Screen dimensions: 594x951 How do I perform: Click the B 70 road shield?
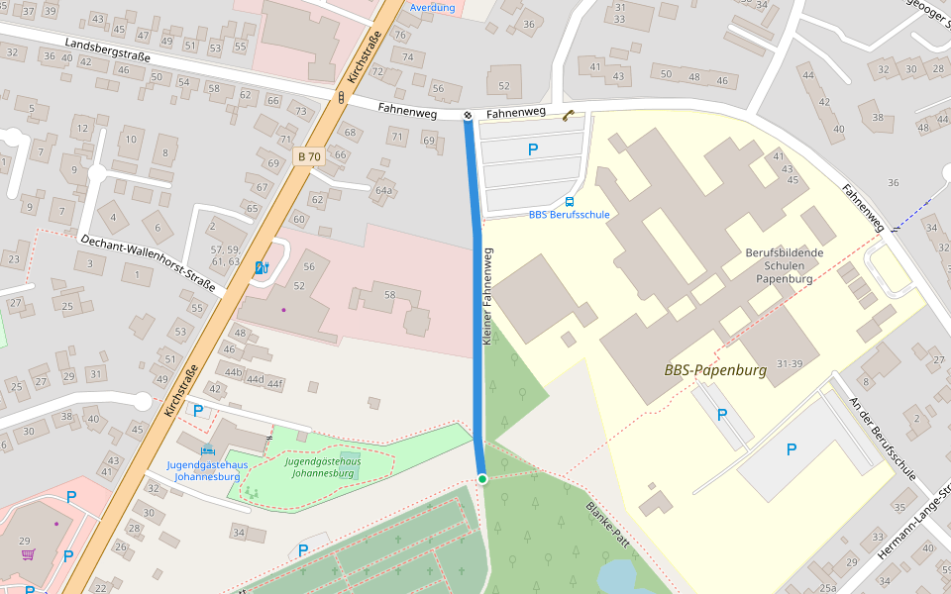tap(309, 156)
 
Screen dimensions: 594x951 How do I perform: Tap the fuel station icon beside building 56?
tap(262, 267)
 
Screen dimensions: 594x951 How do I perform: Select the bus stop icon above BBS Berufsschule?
tap(569, 201)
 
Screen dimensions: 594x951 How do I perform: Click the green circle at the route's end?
tap(482, 479)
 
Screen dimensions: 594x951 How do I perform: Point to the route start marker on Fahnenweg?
tap(468, 116)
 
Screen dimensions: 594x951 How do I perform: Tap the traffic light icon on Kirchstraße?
tap(341, 97)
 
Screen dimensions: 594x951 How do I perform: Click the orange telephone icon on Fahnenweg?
tap(568, 115)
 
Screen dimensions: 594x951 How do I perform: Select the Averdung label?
tap(432, 8)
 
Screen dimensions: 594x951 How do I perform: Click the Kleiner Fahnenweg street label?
tap(486, 296)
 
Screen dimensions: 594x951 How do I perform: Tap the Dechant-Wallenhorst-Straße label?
tap(149, 262)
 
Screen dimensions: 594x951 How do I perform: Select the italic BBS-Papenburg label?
tap(715, 371)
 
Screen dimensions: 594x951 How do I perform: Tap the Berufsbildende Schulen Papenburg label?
tap(784, 265)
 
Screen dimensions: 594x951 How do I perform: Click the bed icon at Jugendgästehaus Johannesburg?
tap(208, 450)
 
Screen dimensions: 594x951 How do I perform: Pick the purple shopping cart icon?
tap(28, 554)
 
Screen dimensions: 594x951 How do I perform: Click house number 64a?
tap(383, 190)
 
